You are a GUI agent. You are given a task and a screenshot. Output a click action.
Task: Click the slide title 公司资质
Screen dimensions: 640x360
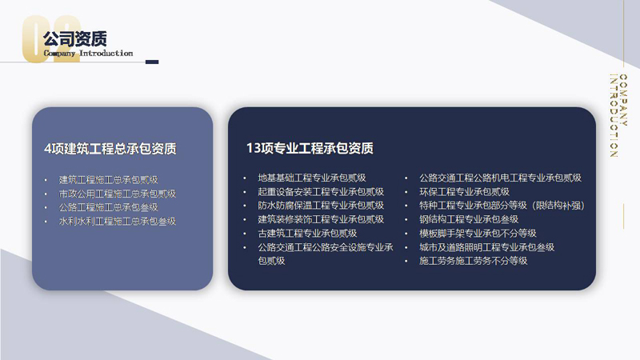(x=75, y=39)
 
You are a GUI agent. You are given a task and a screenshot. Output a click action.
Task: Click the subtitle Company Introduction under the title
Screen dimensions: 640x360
(x=88, y=53)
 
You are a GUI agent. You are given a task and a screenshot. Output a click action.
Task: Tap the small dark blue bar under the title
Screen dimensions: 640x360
(x=152, y=62)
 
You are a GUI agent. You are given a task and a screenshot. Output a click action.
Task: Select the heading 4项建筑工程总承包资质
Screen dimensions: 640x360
(x=110, y=149)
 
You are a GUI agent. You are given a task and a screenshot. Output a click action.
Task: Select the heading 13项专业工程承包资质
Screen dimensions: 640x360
(x=310, y=148)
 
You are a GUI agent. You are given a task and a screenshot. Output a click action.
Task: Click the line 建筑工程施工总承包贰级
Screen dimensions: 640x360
(x=108, y=179)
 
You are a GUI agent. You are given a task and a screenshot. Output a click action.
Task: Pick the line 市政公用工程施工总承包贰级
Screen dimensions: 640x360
(x=117, y=194)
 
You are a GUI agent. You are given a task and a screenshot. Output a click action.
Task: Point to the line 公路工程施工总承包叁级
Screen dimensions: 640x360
(x=108, y=207)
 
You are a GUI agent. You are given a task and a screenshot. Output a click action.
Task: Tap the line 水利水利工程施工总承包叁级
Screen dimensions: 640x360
(x=117, y=222)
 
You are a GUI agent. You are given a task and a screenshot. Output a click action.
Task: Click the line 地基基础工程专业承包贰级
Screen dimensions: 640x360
(x=312, y=178)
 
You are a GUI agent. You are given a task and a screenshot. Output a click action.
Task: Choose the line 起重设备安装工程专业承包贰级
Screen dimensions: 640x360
(x=321, y=192)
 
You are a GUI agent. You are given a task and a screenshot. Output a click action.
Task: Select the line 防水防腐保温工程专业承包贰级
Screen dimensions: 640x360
(x=321, y=206)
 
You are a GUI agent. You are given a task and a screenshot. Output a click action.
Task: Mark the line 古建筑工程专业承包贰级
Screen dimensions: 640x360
(x=307, y=233)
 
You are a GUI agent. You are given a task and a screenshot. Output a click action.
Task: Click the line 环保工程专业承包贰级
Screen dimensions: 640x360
(x=465, y=192)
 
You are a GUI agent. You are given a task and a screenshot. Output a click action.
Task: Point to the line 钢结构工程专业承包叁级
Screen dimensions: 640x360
(x=469, y=219)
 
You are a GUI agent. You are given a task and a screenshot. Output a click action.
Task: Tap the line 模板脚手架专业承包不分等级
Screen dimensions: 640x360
(x=478, y=233)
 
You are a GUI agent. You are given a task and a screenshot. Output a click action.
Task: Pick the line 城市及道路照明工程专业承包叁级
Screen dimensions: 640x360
(x=487, y=247)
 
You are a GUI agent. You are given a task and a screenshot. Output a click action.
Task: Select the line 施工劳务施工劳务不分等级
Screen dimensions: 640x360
(x=474, y=261)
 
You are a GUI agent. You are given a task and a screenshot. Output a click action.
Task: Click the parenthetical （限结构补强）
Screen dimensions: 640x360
(x=558, y=206)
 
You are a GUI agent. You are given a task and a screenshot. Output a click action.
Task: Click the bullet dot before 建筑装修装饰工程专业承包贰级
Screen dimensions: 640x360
(x=245, y=219)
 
